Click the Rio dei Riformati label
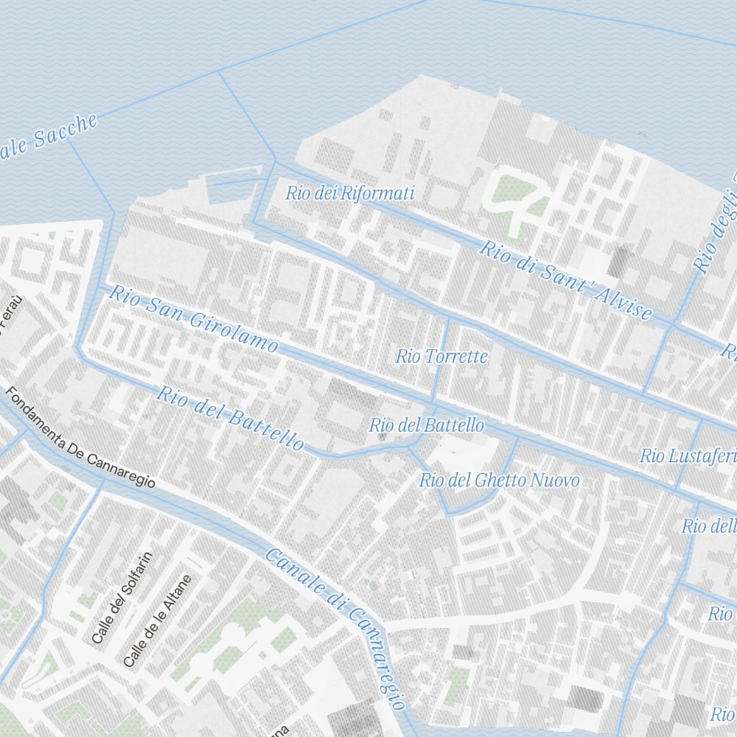click(350, 194)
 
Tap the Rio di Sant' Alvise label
click(565, 281)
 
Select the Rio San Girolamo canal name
click(194, 319)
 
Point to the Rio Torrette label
click(441, 357)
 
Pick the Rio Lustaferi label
click(687, 456)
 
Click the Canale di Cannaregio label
click(335, 628)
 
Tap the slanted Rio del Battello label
click(229, 418)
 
